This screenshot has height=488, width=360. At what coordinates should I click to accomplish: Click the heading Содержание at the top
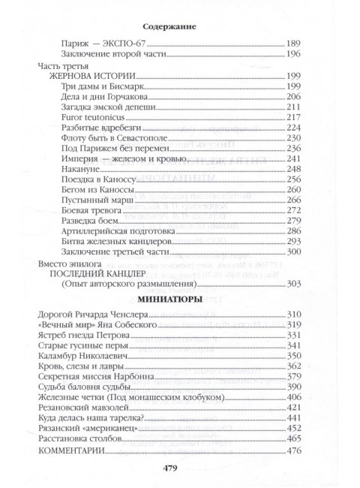[180, 26]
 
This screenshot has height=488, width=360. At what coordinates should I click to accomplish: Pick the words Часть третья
[64, 66]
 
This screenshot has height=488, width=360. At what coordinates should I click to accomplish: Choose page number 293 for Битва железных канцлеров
[294, 242]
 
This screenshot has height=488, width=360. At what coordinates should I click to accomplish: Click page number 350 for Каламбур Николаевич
[294, 355]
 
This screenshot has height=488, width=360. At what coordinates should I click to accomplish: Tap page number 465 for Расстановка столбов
[294, 438]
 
